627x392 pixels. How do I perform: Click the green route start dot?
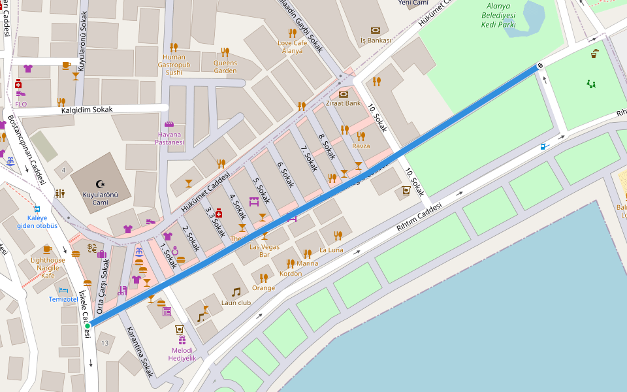pos(87,325)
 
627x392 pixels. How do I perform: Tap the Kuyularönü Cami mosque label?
pos(100,198)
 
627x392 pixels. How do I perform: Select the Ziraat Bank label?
pos(344,103)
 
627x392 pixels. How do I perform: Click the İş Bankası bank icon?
pos(376,30)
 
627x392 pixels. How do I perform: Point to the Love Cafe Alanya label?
pos(292,46)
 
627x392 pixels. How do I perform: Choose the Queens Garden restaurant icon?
pos(225,52)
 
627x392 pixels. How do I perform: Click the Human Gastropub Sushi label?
pos(174,65)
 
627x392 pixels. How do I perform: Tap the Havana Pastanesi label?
pos(170,138)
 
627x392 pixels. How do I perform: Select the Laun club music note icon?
pos(236,292)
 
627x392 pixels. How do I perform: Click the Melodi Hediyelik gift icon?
pos(182,340)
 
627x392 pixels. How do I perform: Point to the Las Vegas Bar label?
pos(265,250)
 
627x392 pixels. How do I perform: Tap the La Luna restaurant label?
pos(331,250)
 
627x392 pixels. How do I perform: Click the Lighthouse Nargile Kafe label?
pos(48,267)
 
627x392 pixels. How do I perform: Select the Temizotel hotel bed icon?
pos(63,289)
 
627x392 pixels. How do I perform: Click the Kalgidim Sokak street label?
pos(87,109)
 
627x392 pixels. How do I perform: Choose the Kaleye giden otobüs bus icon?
pos(37,210)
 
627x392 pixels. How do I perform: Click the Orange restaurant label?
pos(263,287)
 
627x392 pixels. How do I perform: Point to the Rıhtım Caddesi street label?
pos(419,216)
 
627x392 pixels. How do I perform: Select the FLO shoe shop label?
pos(21,104)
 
